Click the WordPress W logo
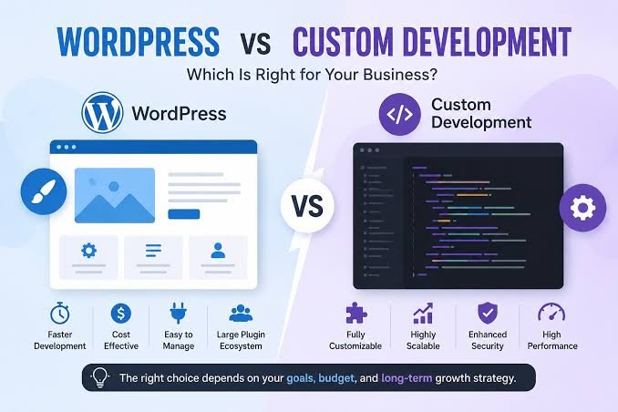[102, 113]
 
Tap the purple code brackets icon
[399, 114]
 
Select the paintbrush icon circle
[44, 191]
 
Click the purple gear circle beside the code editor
[583, 208]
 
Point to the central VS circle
[307, 205]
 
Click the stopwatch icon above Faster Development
[60, 314]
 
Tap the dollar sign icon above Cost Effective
[121, 314]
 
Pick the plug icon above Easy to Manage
[178, 314]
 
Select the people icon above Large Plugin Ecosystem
[241, 314]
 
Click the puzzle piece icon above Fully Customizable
[355, 314]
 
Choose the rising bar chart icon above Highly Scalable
[423, 314]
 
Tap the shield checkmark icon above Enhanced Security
[488, 314]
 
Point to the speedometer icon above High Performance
[551, 313]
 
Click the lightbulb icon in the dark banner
[100, 377]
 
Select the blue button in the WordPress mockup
[183, 214]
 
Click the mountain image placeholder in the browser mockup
[115, 195]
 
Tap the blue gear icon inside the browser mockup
[88, 251]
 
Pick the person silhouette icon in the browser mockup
[218, 251]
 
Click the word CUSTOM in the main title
[343, 41]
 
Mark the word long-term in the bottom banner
[407, 378]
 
